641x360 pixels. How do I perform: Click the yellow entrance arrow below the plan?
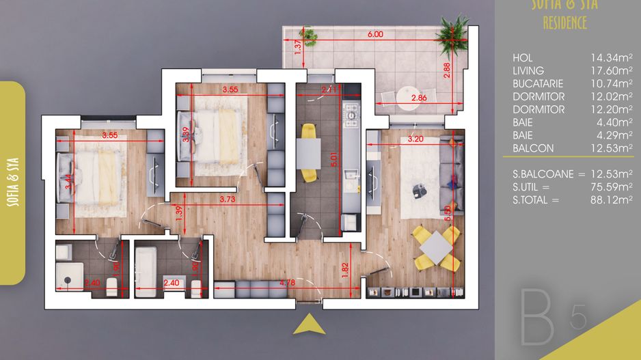click(309, 325)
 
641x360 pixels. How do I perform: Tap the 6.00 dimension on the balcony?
click(374, 34)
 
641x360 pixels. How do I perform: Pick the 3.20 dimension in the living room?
click(416, 139)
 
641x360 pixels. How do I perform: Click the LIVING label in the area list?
click(528, 70)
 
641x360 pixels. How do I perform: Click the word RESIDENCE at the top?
click(564, 23)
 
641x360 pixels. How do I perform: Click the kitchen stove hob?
click(352, 115)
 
